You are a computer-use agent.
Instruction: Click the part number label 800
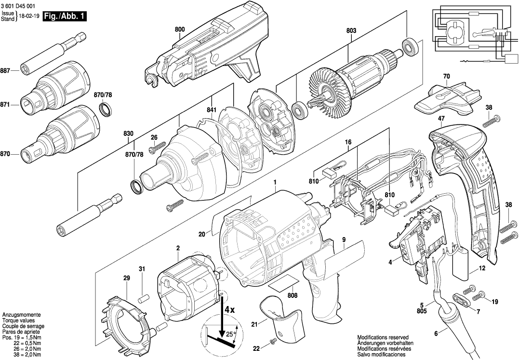180,29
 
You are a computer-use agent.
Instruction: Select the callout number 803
351,30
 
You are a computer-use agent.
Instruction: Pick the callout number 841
211,110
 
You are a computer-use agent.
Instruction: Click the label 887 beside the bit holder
8,71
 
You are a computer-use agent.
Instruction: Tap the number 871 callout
8,104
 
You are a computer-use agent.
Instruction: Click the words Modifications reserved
383,337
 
